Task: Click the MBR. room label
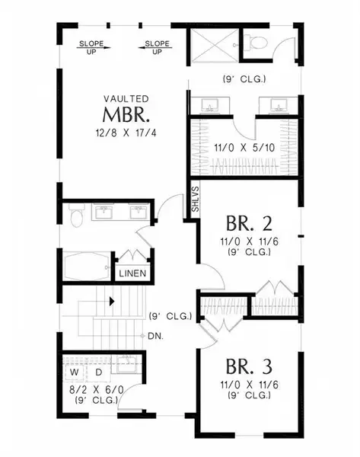click(x=126, y=115)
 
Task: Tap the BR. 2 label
click(x=249, y=223)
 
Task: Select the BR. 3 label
click(x=249, y=366)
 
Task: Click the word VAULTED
click(x=126, y=99)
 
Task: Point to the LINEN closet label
click(x=132, y=273)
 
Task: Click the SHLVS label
click(x=196, y=200)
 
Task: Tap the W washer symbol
click(x=75, y=372)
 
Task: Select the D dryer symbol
click(x=99, y=372)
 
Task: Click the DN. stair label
click(x=155, y=336)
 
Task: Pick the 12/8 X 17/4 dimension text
click(x=126, y=133)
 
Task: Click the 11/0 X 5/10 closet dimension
click(x=244, y=148)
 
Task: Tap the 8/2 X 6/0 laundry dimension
click(x=97, y=390)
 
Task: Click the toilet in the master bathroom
click(x=256, y=43)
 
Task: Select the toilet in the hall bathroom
click(x=77, y=216)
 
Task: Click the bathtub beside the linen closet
click(x=87, y=266)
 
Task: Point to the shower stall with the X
click(x=215, y=46)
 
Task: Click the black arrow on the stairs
click(x=112, y=302)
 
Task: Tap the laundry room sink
click(x=126, y=364)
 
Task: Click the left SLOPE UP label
click(x=91, y=47)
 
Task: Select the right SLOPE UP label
click(x=157, y=47)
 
